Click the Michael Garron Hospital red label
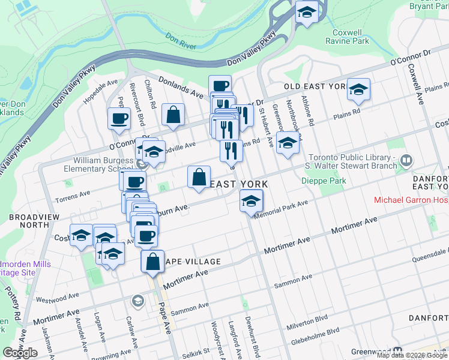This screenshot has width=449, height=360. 411,200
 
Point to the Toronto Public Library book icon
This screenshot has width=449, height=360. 406,160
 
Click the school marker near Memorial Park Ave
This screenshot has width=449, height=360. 251,201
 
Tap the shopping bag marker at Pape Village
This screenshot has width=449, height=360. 152,262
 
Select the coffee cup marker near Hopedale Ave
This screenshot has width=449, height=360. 119,118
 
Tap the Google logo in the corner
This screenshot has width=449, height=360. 20,352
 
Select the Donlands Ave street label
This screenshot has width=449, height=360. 181,86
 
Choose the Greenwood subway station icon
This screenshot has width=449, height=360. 397,351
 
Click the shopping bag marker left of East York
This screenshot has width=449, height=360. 199,178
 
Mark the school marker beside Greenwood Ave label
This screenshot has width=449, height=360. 288,144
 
